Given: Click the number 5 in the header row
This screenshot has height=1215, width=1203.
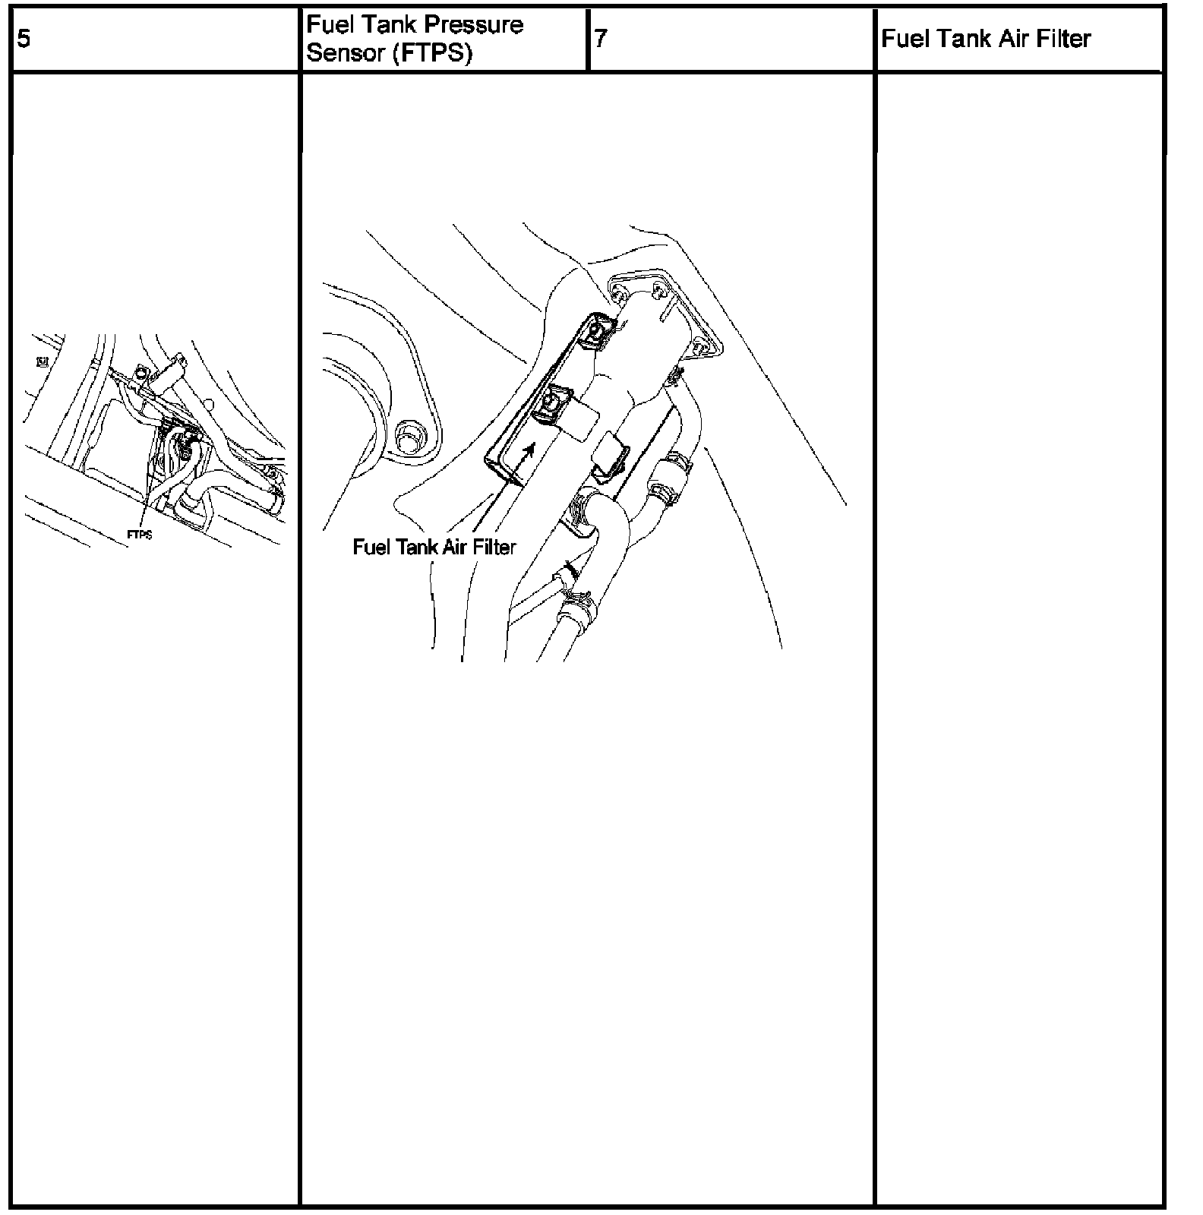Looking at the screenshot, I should coord(24,39).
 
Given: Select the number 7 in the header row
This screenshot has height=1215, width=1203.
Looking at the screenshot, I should coord(600,39).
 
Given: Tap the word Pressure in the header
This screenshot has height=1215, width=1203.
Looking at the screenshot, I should coord(473,25).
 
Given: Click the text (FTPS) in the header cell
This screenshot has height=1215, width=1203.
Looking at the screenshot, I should coord(432,54).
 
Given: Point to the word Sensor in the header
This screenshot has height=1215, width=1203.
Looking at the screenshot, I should coord(346,54).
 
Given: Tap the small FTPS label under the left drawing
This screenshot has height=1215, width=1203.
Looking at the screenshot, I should coord(139,535).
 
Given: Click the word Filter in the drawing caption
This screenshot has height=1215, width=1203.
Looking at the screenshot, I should coord(493,547).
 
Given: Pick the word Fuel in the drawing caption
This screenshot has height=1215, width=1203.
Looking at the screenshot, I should coord(371,547).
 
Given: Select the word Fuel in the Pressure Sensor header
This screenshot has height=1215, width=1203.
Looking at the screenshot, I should coord(327,25).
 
